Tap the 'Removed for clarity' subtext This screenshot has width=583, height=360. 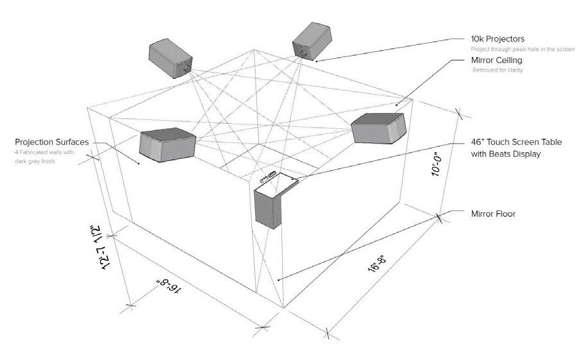pos(498,70)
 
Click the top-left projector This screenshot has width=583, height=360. pos(170,60)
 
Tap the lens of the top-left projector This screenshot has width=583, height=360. pos(186,68)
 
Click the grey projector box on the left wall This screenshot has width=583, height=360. pos(167,145)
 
